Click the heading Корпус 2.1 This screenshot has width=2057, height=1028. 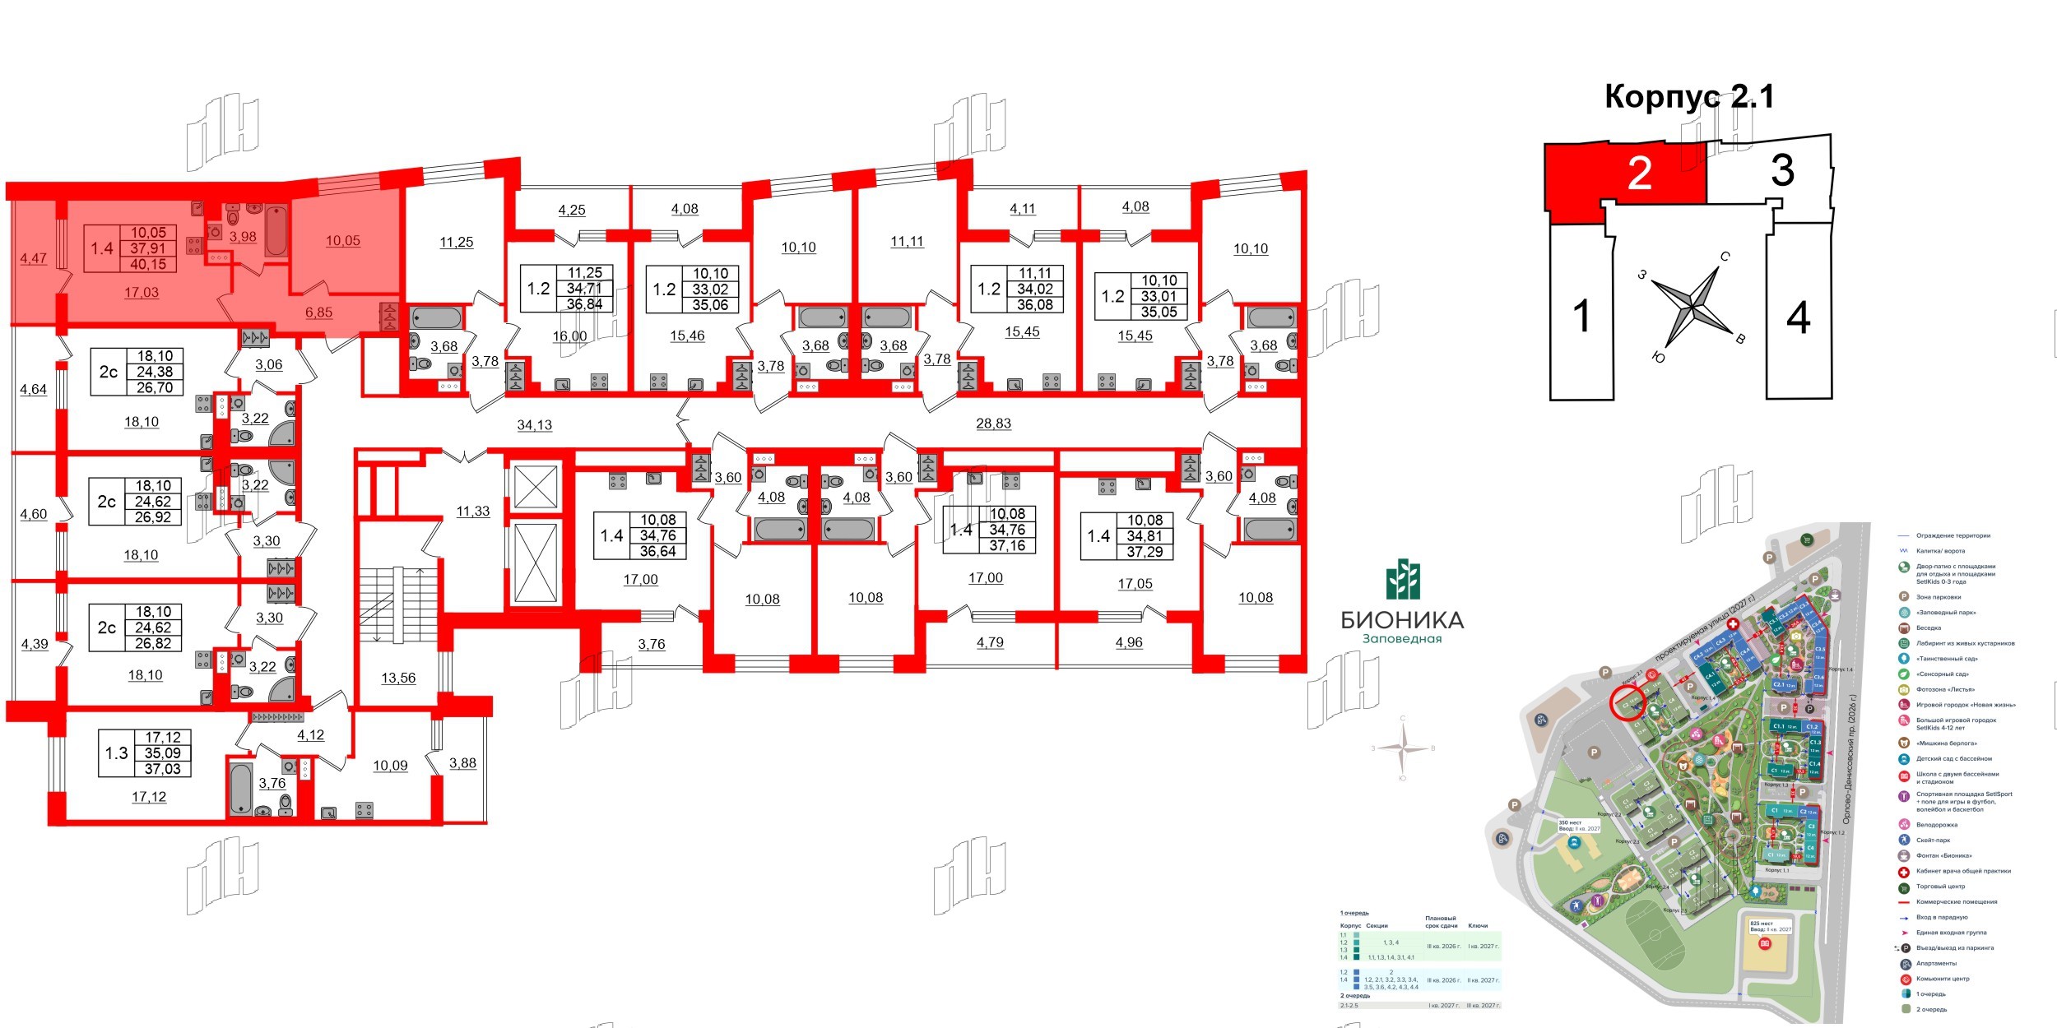tap(1688, 97)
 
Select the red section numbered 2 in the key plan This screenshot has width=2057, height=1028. tap(1637, 174)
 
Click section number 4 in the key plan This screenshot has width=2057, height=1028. tap(1799, 317)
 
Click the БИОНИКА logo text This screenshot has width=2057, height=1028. tap(1402, 619)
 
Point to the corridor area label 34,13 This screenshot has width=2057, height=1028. tap(534, 425)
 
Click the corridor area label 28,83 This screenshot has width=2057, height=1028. tap(993, 424)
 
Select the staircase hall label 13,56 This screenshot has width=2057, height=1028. tap(398, 678)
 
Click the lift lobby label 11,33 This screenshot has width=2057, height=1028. tap(473, 511)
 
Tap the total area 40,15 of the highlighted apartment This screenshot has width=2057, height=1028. tap(148, 264)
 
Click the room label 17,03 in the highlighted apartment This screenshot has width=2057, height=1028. tap(142, 292)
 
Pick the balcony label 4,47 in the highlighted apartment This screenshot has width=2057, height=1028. tap(34, 258)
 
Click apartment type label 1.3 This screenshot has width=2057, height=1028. tap(117, 752)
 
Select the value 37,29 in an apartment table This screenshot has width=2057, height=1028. tap(1145, 552)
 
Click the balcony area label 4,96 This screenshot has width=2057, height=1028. tap(1129, 642)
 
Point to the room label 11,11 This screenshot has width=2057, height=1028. tap(907, 242)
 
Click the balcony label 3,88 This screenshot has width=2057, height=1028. tap(462, 762)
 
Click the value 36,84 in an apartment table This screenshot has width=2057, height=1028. tap(584, 304)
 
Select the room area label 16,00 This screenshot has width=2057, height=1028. tap(569, 336)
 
